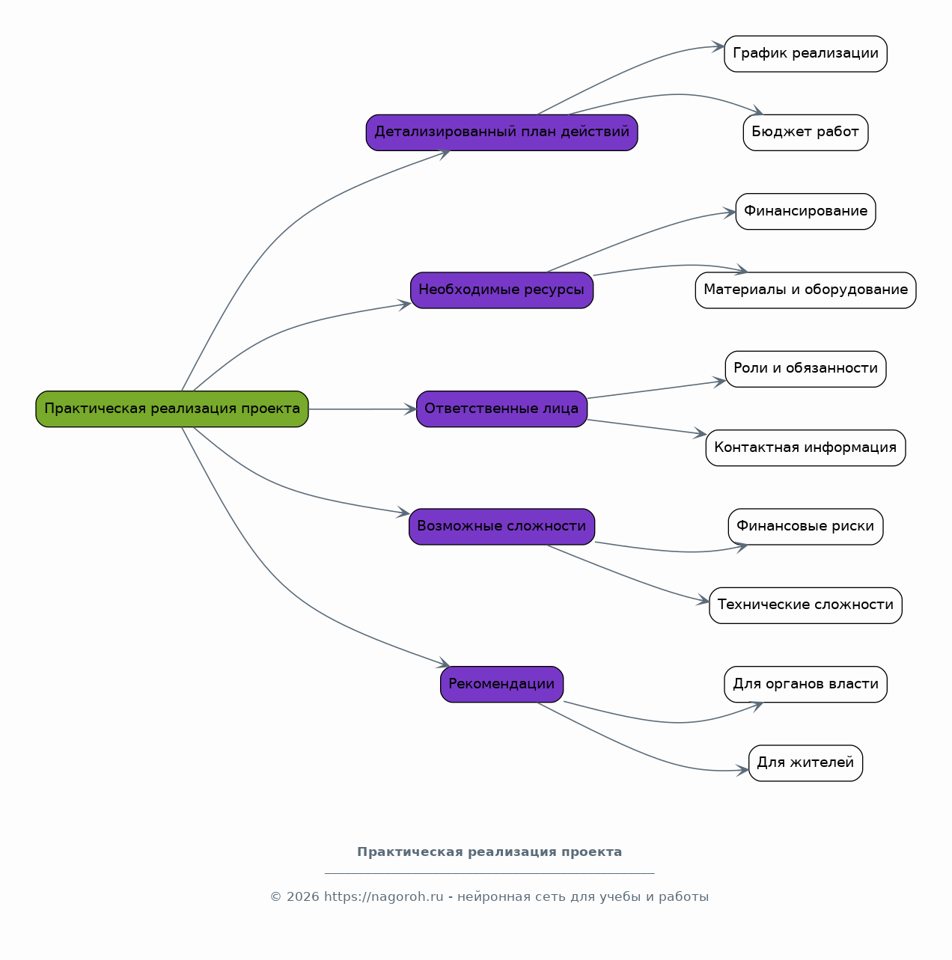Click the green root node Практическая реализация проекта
(172, 409)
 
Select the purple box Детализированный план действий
(502, 132)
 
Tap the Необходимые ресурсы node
(502, 290)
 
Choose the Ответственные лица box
(502, 409)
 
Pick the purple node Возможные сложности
(502, 527)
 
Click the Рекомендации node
(502, 684)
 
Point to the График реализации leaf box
(805, 54)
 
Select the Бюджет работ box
(805, 132)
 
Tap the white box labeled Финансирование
(805, 211)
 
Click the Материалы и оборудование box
(805, 290)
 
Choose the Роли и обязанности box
(805, 369)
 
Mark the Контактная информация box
(805, 448)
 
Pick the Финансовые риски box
(805, 527)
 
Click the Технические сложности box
(805, 605)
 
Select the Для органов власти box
(805, 684)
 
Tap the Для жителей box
(805, 763)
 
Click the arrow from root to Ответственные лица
(363, 409)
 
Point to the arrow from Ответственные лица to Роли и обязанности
(656, 390)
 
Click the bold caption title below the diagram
(489, 852)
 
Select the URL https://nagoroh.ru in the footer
(383, 896)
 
